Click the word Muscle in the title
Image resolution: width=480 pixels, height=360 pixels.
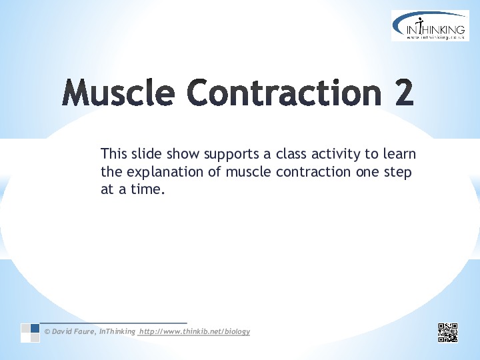click(118, 92)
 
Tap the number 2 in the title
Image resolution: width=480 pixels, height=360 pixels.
click(404, 92)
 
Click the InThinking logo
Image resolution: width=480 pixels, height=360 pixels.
click(430, 25)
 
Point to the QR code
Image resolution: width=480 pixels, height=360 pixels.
click(448, 333)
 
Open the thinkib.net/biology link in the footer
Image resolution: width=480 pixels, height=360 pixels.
click(195, 331)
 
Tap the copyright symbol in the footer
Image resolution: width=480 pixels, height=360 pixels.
click(47, 331)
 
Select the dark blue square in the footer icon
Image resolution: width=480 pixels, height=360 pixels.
click(35, 328)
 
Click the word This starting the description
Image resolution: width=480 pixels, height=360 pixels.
click(113, 153)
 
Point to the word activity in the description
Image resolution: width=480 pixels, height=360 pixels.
click(336, 155)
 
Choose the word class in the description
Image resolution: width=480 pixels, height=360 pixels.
click(291, 153)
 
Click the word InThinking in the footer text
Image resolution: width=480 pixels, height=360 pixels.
click(117, 331)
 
